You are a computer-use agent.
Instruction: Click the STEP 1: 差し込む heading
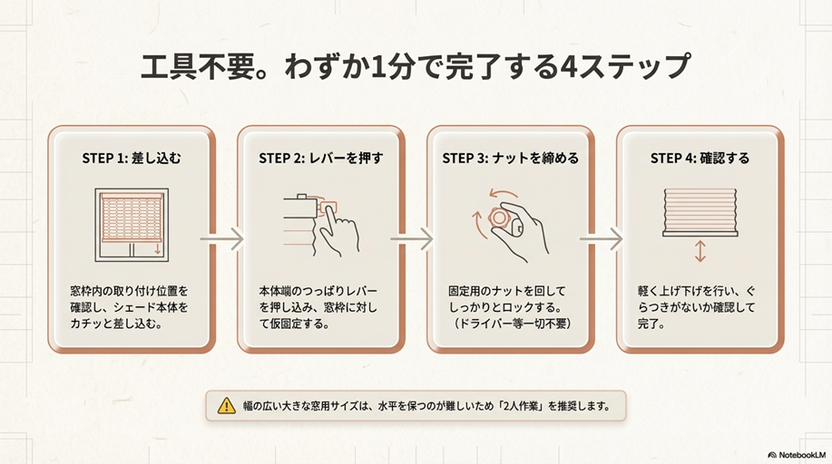132,158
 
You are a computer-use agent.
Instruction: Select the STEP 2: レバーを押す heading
320,158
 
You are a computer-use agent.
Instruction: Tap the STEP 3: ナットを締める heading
510,158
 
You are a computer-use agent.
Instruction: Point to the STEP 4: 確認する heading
700,158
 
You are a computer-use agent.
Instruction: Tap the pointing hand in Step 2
338,228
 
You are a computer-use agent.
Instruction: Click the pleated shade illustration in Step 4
700,211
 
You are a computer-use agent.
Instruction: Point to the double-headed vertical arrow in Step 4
700,251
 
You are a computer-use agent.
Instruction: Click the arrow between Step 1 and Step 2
223,239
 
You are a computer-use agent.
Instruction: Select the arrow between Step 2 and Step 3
413,239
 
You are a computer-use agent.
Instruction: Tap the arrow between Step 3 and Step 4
602,239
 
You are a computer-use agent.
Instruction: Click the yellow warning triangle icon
226,406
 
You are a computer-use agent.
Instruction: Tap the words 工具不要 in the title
191,68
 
